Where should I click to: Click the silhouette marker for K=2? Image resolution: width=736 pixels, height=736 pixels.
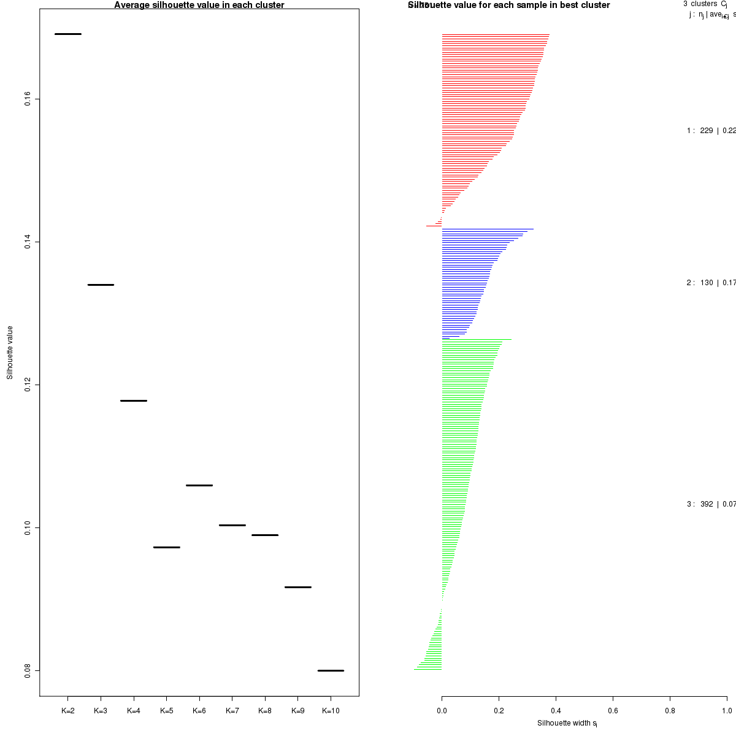tap(68, 34)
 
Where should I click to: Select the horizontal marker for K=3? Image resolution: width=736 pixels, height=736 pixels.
tap(101, 285)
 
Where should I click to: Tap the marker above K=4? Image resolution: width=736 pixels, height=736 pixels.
tap(134, 401)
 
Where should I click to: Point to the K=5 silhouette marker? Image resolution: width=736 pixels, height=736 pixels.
tap(167, 546)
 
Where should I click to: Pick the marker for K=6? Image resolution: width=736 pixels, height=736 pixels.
tap(199, 485)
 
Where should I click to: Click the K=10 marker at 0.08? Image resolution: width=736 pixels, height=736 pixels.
tap(331, 670)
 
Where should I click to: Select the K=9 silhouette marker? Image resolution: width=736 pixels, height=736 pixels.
tap(298, 587)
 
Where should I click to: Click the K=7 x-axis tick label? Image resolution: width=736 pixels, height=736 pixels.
tap(232, 711)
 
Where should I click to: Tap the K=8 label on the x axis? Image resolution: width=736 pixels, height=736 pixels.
tap(265, 711)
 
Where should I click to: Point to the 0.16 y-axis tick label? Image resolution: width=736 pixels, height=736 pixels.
tap(28, 99)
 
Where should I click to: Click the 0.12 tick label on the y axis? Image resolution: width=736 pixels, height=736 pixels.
tap(28, 385)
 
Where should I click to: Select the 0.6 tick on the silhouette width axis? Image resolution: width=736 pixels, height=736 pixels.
tap(613, 711)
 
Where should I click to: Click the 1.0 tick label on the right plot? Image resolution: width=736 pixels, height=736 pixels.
tap(726, 711)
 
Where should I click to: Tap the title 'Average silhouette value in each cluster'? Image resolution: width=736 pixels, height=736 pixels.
tap(199, 5)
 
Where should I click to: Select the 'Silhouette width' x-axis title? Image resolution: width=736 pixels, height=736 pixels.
tap(567, 723)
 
